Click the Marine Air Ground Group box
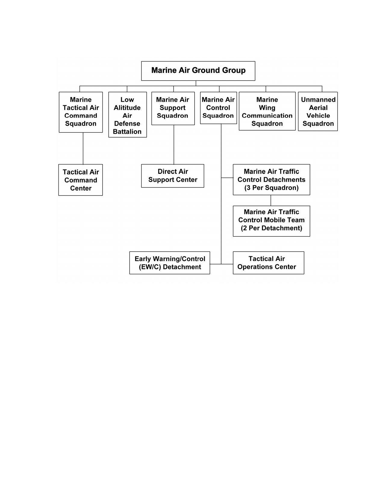click(x=198, y=71)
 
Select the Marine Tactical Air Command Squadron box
click(x=81, y=112)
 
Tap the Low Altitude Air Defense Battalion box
click(x=128, y=114)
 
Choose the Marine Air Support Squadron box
click(x=173, y=108)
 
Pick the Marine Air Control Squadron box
click(x=218, y=108)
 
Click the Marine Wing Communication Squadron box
click(x=267, y=111)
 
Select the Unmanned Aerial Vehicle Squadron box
click(x=318, y=111)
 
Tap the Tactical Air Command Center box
click(x=80, y=180)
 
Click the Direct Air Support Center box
click(x=173, y=176)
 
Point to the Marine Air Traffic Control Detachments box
click(x=271, y=180)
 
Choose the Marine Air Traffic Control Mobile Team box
click(x=271, y=221)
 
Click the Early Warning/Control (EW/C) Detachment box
click(x=170, y=263)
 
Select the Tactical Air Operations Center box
click(x=269, y=263)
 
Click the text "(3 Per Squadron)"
click(x=271, y=188)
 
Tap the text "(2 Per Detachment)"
click(x=271, y=228)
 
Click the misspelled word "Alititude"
click(x=127, y=108)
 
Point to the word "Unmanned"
click(x=318, y=99)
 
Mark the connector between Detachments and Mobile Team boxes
click(x=271, y=200)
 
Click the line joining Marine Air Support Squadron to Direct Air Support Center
click(x=174, y=145)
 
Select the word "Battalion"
click(x=127, y=132)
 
